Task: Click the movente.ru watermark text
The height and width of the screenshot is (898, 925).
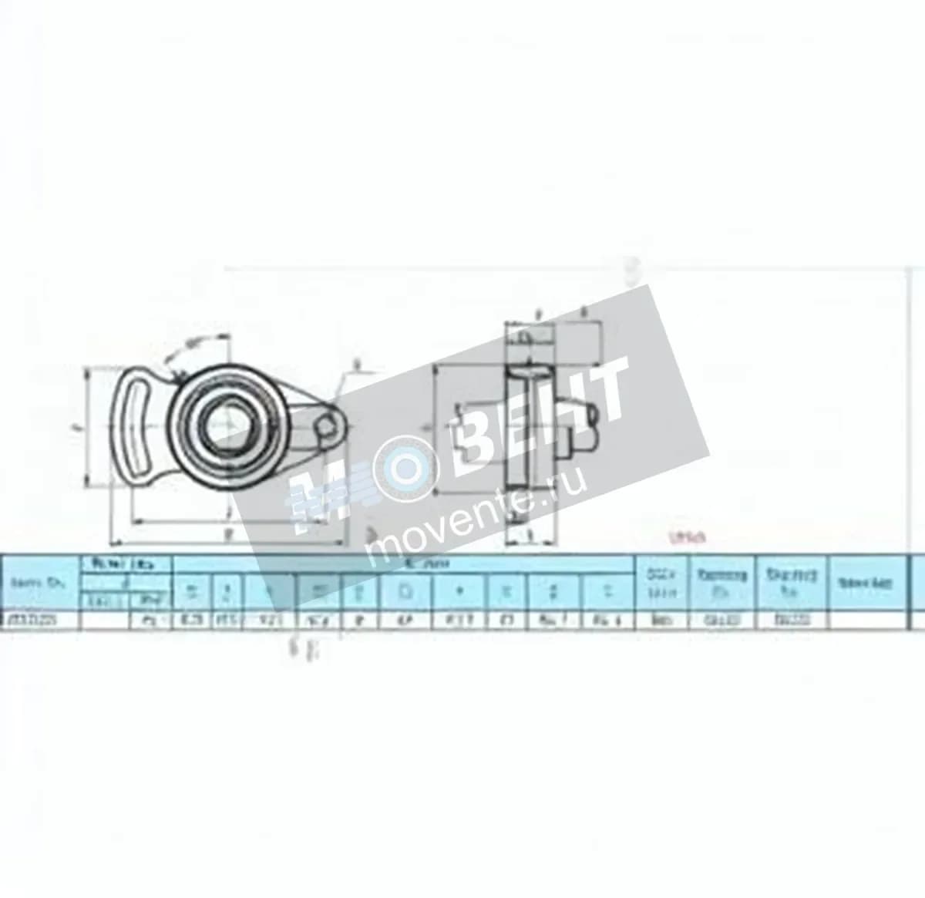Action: point(478,512)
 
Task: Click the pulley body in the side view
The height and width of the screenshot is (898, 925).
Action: point(518,432)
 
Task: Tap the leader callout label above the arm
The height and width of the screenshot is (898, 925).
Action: point(356,364)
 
